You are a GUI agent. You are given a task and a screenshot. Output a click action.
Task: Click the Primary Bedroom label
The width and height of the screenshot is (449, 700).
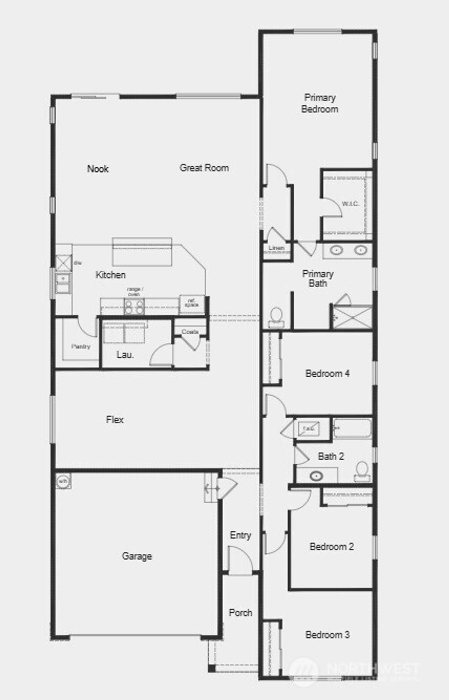pos(320,104)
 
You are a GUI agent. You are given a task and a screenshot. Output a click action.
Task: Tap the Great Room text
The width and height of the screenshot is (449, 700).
pos(204,168)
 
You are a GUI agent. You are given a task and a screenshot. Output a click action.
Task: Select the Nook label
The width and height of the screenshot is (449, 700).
pos(98,169)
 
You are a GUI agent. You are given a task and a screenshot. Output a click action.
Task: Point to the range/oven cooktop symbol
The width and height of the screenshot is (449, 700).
pos(134,306)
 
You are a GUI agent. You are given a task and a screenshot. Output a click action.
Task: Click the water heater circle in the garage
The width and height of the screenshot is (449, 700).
pos(63,481)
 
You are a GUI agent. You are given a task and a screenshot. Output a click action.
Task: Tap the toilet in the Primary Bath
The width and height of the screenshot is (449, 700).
pos(276,317)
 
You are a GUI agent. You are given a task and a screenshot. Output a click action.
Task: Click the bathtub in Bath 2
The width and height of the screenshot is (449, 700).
pos(352,428)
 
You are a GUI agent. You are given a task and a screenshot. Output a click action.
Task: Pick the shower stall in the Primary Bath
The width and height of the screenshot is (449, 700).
pos(352,316)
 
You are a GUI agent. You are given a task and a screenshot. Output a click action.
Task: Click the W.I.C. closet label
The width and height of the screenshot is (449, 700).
pos(350,204)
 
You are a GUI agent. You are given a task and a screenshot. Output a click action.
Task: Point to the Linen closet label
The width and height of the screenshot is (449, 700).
pos(277,248)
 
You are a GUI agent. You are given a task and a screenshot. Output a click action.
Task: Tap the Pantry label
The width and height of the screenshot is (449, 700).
pos(81,346)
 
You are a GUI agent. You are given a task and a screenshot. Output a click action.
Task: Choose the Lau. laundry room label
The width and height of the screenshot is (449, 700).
pos(125,355)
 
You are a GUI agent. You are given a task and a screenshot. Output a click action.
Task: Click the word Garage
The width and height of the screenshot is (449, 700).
pos(137,556)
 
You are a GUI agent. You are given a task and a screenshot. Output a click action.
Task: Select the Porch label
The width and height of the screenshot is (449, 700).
pos(240,613)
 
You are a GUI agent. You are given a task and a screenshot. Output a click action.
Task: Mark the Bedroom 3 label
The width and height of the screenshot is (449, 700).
pos(328,635)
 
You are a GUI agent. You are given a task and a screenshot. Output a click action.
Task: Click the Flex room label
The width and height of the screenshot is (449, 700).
pos(115,420)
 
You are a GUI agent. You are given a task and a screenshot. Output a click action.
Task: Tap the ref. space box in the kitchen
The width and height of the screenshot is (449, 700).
pos(192,304)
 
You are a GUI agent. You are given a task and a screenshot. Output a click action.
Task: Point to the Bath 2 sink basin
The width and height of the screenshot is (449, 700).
pos(316,476)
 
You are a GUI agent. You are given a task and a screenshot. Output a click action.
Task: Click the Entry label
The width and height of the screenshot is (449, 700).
pos(240,535)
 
